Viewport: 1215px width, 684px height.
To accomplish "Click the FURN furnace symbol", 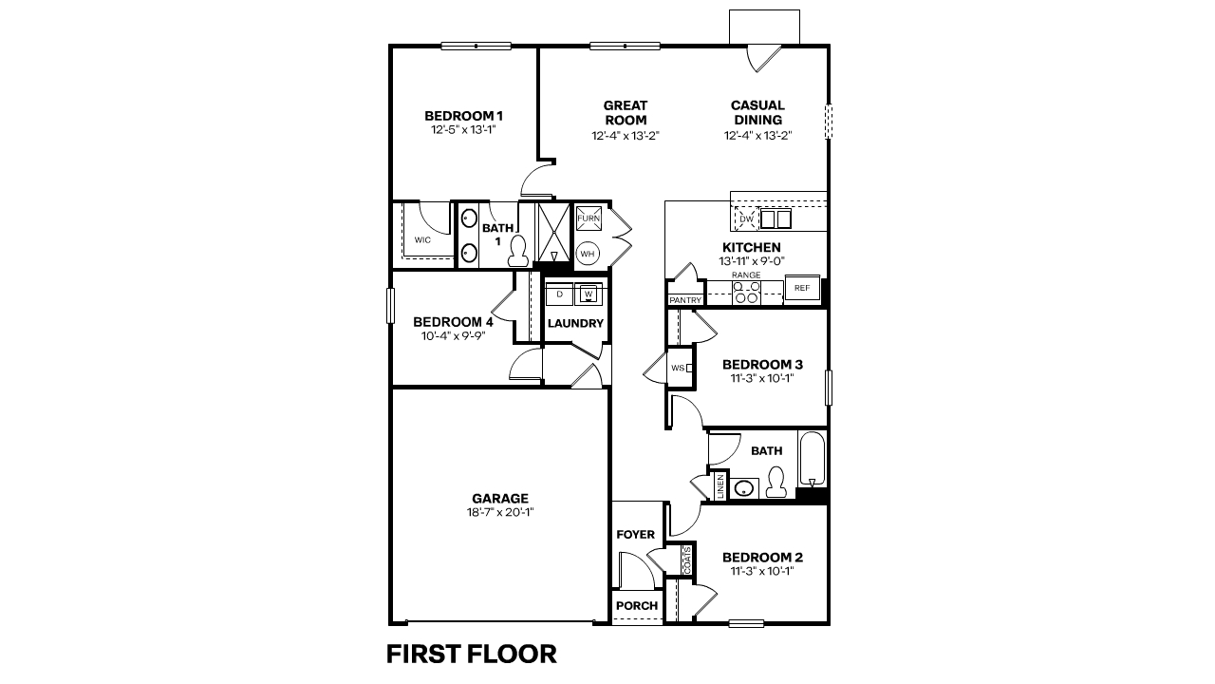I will [x=588, y=218].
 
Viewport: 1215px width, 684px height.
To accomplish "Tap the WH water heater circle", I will [x=588, y=254].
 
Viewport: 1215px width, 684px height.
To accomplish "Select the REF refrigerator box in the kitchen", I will [x=802, y=288].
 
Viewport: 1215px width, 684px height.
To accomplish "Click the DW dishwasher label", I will [x=746, y=219].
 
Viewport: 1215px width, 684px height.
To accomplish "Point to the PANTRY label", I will [x=684, y=300].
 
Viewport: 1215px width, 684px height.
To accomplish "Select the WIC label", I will [x=422, y=240].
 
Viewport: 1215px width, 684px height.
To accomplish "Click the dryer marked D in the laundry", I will [x=560, y=294].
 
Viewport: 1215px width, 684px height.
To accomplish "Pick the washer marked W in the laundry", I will [x=589, y=294].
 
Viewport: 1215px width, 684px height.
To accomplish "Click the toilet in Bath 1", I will [x=518, y=251].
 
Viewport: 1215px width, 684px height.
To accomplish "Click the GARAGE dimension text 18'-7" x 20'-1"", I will [x=500, y=513].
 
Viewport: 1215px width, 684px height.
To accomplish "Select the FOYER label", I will [x=636, y=535].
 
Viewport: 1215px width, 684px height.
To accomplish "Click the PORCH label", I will [x=637, y=606].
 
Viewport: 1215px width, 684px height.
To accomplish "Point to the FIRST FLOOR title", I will [x=471, y=654].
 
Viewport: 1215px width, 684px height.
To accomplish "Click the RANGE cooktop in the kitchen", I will [x=746, y=291].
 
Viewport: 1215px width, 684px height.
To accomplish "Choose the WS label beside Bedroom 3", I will [x=678, y=368].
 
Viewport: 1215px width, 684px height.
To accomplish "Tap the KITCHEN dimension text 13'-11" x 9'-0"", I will [x=751, y=260].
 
